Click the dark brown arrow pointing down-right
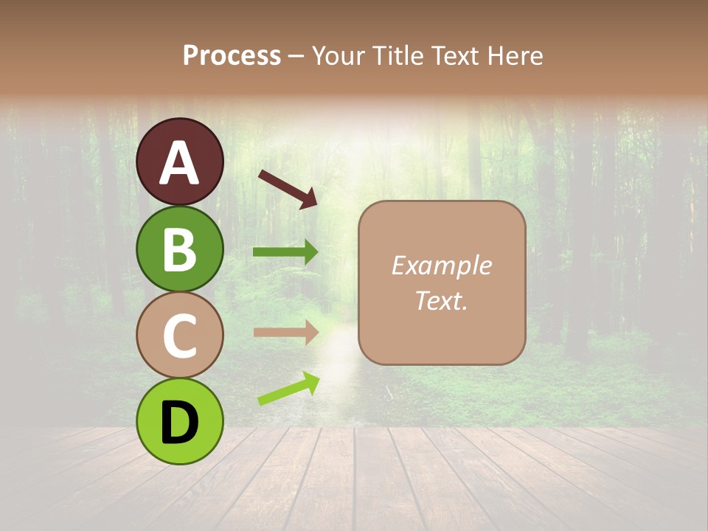[x=288, y=189]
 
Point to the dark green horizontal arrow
[x=286, y=252]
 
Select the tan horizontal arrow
[x=286, y=332]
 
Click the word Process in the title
[x=232, y=56]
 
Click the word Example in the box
[x=441, y=265]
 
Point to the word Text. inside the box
[x=441, y=300]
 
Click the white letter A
[x=179, y=164]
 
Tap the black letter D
[x=179, y=423]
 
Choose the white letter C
[x=179, y=336]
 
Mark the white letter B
[x=179, y=250]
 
